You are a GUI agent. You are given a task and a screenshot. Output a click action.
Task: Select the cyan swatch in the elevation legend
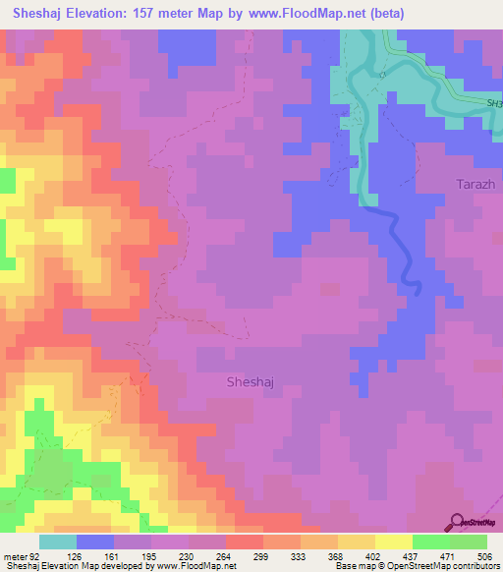pyautogui.click(x=57, y=542)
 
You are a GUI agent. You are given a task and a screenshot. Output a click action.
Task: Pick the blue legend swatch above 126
pyautogui.click(x=95, y=542)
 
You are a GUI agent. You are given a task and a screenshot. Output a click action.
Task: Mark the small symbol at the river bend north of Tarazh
pyautogui.click(x=382, y=75)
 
